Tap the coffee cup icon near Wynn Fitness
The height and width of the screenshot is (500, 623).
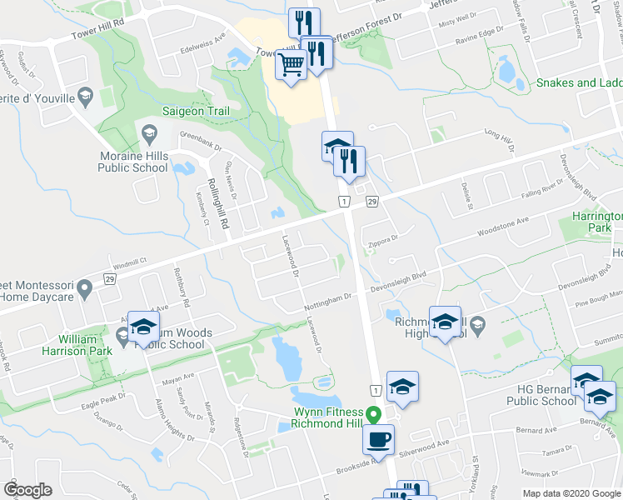pos(378,437)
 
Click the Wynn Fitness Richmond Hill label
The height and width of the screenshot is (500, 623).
pos(327,417)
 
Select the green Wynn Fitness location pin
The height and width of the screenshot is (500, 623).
pos(375,412)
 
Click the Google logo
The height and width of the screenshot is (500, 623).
pos(27,490)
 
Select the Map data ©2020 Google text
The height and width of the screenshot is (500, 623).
pos(571,493)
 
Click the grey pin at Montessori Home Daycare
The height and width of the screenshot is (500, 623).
pos(84,289)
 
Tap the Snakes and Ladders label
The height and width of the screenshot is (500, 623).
pos(579,82)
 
